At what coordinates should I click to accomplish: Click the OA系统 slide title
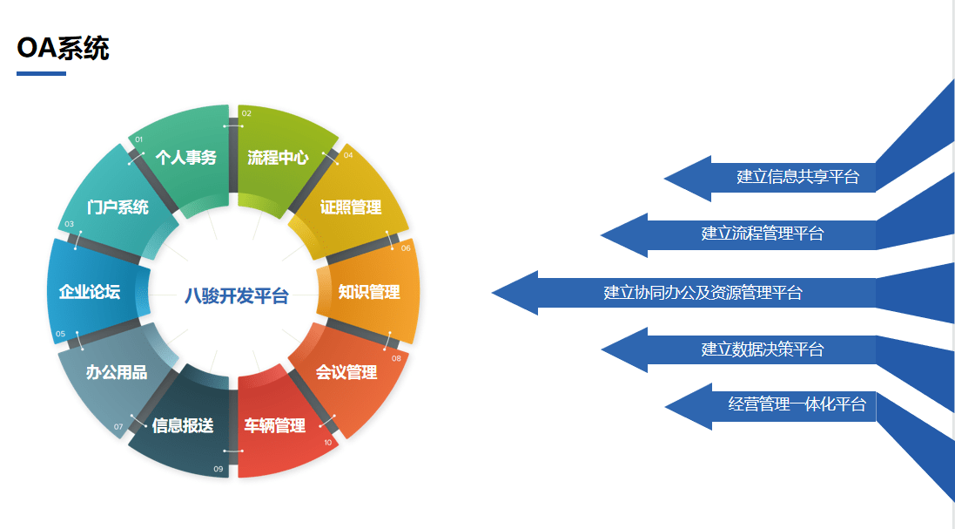(63, 48)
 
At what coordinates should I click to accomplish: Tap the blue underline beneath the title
(41, 74)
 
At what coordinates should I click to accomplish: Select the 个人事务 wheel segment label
(185, 158)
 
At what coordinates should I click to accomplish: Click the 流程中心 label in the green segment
(278, 158)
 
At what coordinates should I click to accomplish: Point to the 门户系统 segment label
(118, 207)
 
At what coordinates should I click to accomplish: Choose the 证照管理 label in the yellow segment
(351, 207)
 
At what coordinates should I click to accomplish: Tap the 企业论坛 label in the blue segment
(90, 292)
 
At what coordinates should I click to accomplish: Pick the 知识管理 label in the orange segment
(369, 292)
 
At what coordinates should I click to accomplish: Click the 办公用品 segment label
(117, 372)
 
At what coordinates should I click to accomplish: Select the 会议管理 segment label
(346, 372)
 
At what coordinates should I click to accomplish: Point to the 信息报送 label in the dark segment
(183, 425)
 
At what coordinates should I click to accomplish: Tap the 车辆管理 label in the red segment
(275, 425)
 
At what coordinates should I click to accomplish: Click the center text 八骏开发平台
(236, 296)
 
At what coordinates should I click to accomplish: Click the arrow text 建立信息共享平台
(797, 177)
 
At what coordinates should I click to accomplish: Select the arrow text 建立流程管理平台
(763, 234)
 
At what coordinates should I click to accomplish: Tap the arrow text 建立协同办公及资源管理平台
(703, 293)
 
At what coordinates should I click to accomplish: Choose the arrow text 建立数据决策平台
(763, 349)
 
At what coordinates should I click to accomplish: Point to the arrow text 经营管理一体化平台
(797, 404)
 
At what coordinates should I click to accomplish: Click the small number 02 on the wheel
(246, 113)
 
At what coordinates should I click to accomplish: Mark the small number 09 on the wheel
(218, 469)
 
